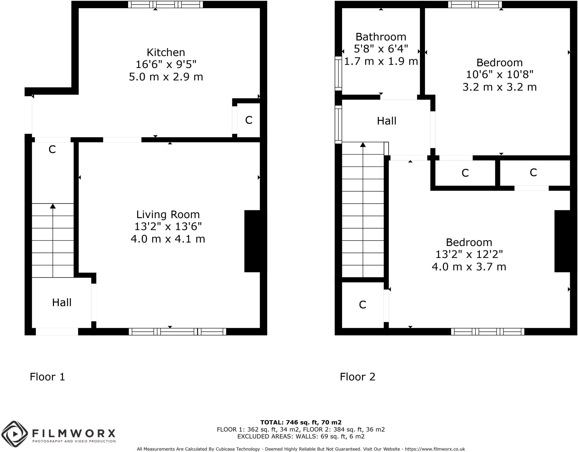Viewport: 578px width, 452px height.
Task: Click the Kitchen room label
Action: [x=166, y=52]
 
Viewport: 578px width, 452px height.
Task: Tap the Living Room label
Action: [x=168, y=215]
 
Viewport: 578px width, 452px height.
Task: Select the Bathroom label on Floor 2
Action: [x=381, y=37]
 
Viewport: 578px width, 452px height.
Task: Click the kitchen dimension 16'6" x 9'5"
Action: [x=166, y=65]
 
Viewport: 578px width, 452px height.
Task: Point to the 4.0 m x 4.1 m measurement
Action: [x=168, y=239]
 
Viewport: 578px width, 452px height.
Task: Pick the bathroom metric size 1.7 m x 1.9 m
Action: [x=381, y=61]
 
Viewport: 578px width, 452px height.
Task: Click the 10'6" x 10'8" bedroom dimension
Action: [x=500, y=75]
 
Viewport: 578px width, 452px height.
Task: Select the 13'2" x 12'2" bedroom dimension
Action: [x=469, y=254]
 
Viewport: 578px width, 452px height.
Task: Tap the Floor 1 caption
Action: [x=47, y=377]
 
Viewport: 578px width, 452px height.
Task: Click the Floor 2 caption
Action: [x=358, y=377]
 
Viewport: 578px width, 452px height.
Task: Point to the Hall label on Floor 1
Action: [x=62, y=303]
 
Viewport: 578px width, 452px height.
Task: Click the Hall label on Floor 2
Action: [x=387, y=121]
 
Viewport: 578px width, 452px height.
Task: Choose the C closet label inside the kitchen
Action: [x=249, y=120]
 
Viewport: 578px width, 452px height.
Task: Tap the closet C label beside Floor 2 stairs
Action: [x=362, y=305]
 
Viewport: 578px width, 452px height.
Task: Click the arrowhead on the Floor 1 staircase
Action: [x=53, y=206]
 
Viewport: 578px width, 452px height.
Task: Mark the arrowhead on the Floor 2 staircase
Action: [x=363, y=145]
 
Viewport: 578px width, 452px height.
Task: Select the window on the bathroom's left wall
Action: [x=338, y=73]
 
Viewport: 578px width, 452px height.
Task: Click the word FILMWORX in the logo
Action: [x=74, y=433]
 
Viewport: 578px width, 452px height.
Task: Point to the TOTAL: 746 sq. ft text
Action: [x=301, y=422]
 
